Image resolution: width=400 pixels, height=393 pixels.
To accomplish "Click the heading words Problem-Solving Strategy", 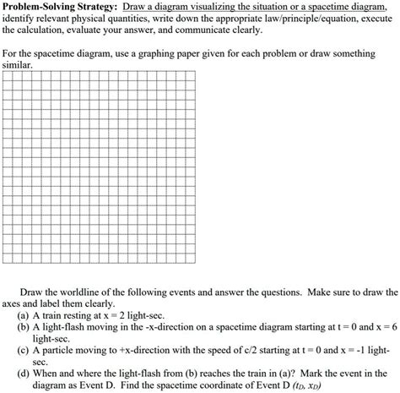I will coord(57,6).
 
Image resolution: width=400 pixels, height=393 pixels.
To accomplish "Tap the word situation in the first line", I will coord(281,6).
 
